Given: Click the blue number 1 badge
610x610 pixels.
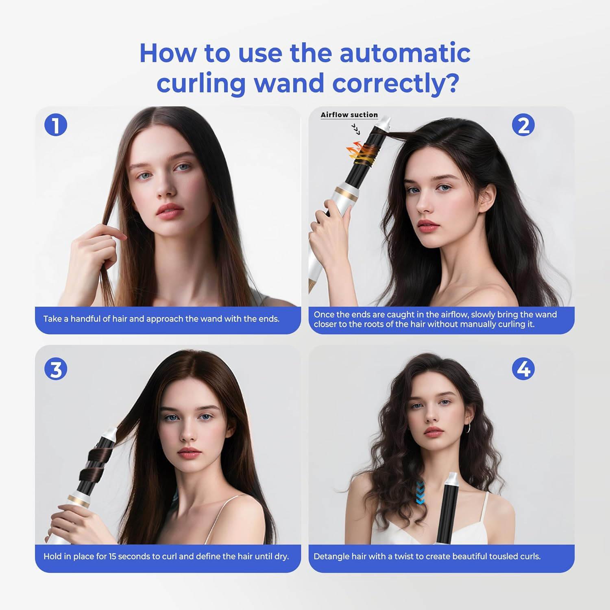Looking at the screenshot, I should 56,125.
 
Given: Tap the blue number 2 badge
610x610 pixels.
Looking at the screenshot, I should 523,125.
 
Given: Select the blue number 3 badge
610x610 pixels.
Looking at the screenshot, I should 56,369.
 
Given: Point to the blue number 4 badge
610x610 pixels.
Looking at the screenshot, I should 523,369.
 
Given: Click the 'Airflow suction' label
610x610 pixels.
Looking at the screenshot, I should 349,115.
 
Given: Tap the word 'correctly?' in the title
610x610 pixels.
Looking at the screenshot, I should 396,83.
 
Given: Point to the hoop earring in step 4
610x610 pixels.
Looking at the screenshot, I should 468,427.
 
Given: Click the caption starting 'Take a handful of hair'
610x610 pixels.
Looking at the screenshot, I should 161,319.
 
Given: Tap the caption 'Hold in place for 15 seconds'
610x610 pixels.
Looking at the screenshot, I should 166,556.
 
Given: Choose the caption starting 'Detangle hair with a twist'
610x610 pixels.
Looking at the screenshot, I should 427,556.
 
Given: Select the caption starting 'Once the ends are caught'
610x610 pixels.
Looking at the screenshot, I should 435,319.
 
